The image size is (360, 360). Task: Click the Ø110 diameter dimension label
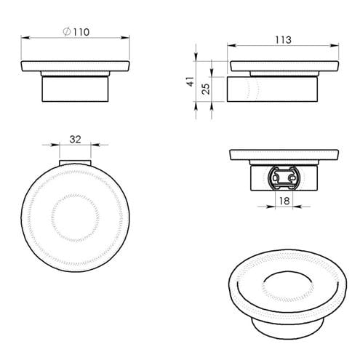click(x=76, y=32)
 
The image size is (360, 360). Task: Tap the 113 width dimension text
click(x=283, y=40)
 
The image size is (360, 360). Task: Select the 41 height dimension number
click(x=191, y=81)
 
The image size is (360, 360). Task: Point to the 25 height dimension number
click(x=205, y=89)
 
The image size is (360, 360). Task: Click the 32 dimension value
click(x=75, y=140)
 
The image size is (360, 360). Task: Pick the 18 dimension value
click(x=284, y=201)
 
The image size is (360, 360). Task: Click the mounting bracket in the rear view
click(x=284, y=178)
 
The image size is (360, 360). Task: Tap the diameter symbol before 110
click(x=67, y=32)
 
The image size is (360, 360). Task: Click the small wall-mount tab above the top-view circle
click(x=75, y=162)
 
